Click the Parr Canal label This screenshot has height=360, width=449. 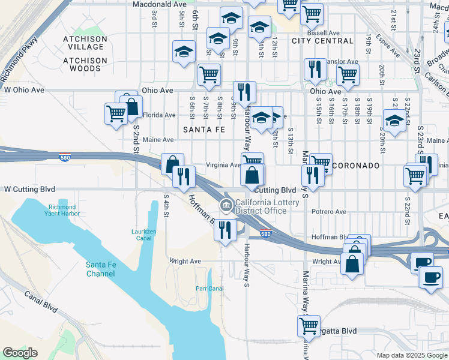click(x=209, y=289)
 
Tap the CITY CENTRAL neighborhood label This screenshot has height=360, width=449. click(x=322, y=41)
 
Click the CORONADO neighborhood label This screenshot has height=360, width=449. click(x=357, y=165)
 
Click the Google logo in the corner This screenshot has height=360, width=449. click(x=20, y=353)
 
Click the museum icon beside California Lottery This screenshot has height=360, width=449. click(x=226, y=206)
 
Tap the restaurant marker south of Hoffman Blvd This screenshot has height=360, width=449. click(x=225, y=230)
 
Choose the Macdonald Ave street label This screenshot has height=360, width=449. click(x=158, y=4)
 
